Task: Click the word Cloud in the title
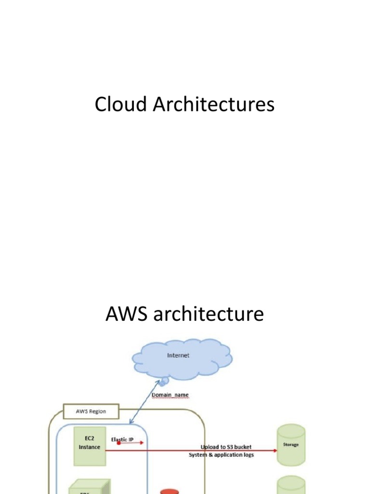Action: coord(121,105)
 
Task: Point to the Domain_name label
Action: coord(170,395)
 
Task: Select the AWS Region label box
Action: coord(91,412)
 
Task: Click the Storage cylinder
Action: coord(291,444)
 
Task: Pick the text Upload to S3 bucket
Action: coord(226,447)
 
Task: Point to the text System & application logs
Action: coord(221,455)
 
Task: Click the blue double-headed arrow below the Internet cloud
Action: coord(145,402)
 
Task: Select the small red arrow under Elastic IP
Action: coord(130,443)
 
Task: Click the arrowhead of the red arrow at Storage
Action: coord(275,451)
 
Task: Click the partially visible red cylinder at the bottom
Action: coord(169,491)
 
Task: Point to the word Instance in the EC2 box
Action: coord(90,447)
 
